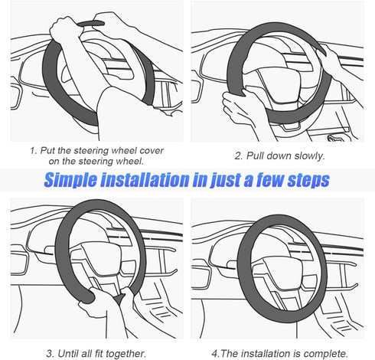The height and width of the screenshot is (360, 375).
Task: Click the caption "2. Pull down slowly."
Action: coord(280,155)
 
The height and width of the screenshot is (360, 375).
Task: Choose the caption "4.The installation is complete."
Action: coord(279,352)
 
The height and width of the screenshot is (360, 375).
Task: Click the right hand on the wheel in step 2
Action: coord(331,65)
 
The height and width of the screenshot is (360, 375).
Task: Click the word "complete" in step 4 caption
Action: coord(327,352)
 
